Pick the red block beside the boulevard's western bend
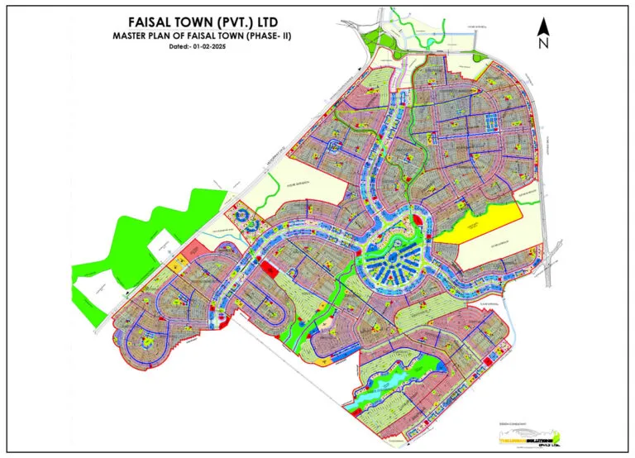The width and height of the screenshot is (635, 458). coord(267,269)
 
